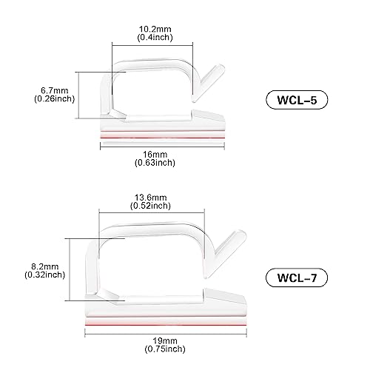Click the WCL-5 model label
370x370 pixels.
point(297,100)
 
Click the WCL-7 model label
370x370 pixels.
point(297,277)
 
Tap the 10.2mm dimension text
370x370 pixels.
point(155,29)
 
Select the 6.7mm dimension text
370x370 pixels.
point(54,90)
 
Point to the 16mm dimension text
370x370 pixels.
point(155,155)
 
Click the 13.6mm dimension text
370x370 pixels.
point(150,198)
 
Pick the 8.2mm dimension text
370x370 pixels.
point(45,266)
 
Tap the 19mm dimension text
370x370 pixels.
point(165,341)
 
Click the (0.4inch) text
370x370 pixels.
point(155,37)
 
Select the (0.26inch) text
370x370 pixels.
point(54,98)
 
